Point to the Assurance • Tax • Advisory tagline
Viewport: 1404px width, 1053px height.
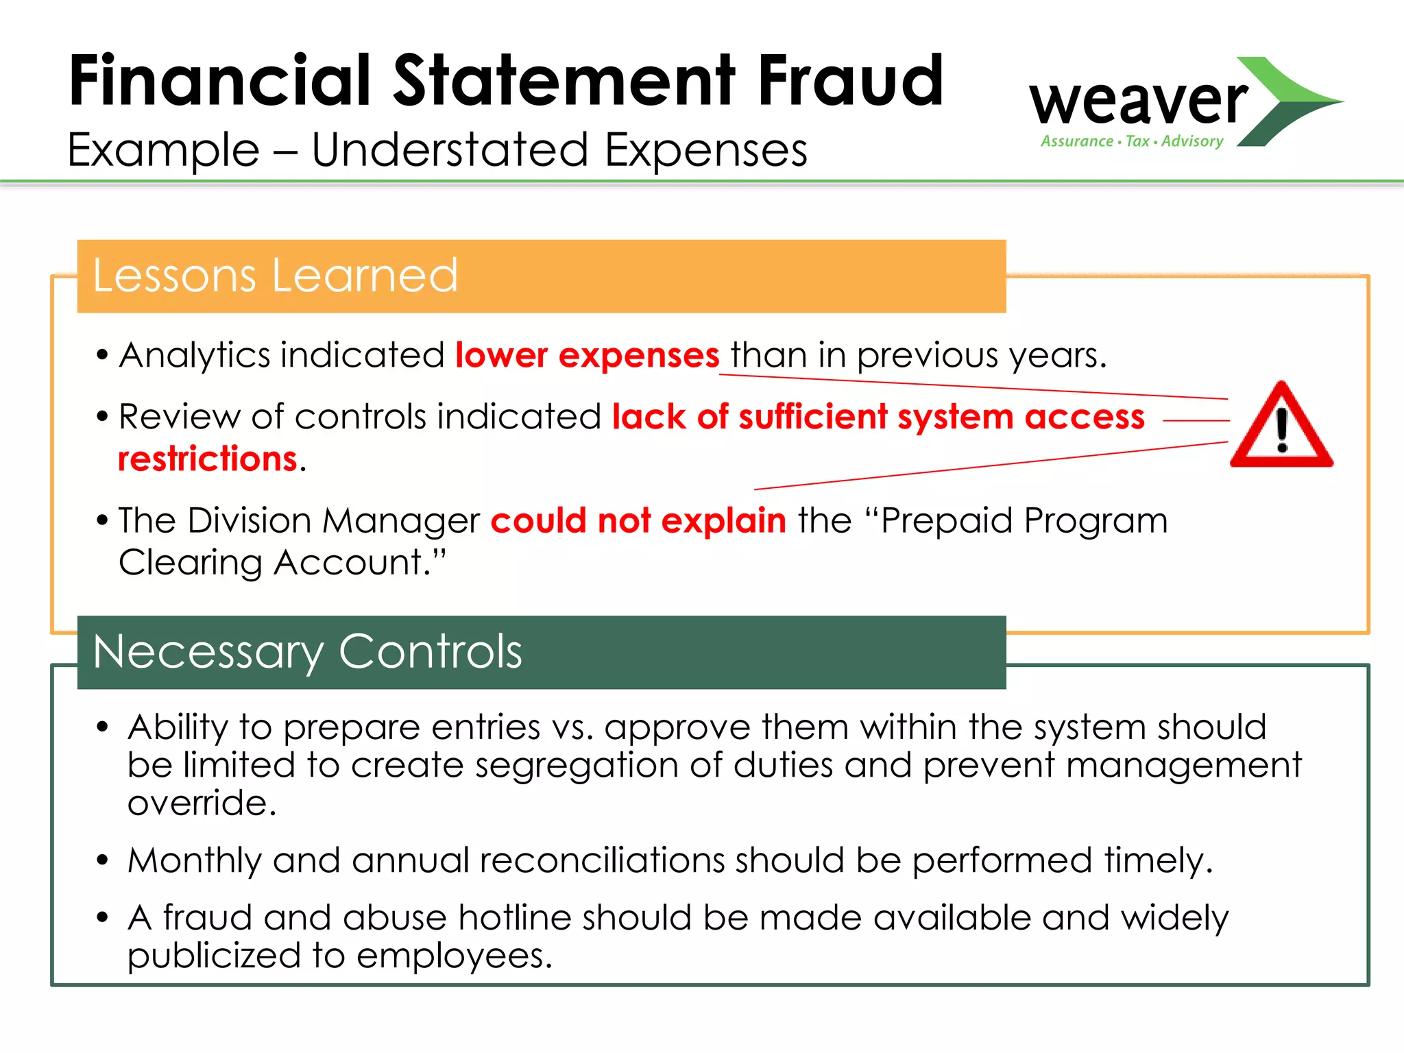[x=1132, y=141]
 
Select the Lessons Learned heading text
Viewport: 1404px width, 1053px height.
[x=275, y=276]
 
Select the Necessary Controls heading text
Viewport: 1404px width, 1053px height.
[x=307, y=651]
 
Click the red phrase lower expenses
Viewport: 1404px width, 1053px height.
[x=587, y=355]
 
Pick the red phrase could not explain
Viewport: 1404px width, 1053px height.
[x=638, y=520]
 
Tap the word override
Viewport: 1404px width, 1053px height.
[x=201, y=803]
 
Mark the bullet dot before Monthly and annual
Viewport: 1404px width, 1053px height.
[x=103, y=860]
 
